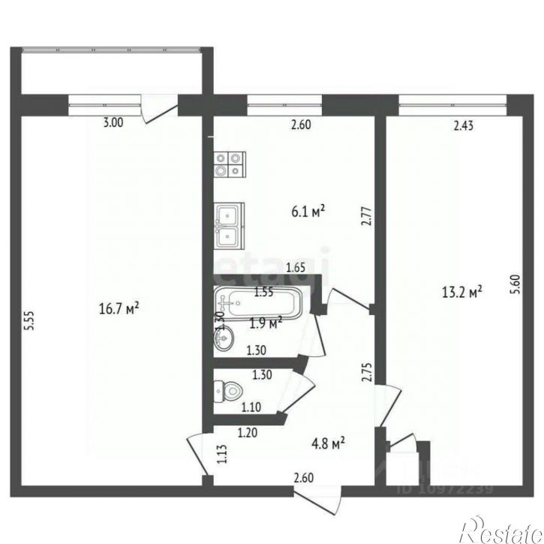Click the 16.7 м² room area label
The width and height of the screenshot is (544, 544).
point(120,307)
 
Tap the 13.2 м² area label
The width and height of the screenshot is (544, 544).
point(464,292)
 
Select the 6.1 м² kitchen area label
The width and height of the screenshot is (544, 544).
point(308,213)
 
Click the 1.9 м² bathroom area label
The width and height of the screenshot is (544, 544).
point(266,323)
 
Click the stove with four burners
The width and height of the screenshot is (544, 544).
point(230,164)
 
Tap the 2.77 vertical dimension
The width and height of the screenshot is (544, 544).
point(365,218)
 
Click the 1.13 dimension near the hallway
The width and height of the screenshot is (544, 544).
point(221,455)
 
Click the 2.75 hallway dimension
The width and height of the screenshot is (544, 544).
point(365,374)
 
